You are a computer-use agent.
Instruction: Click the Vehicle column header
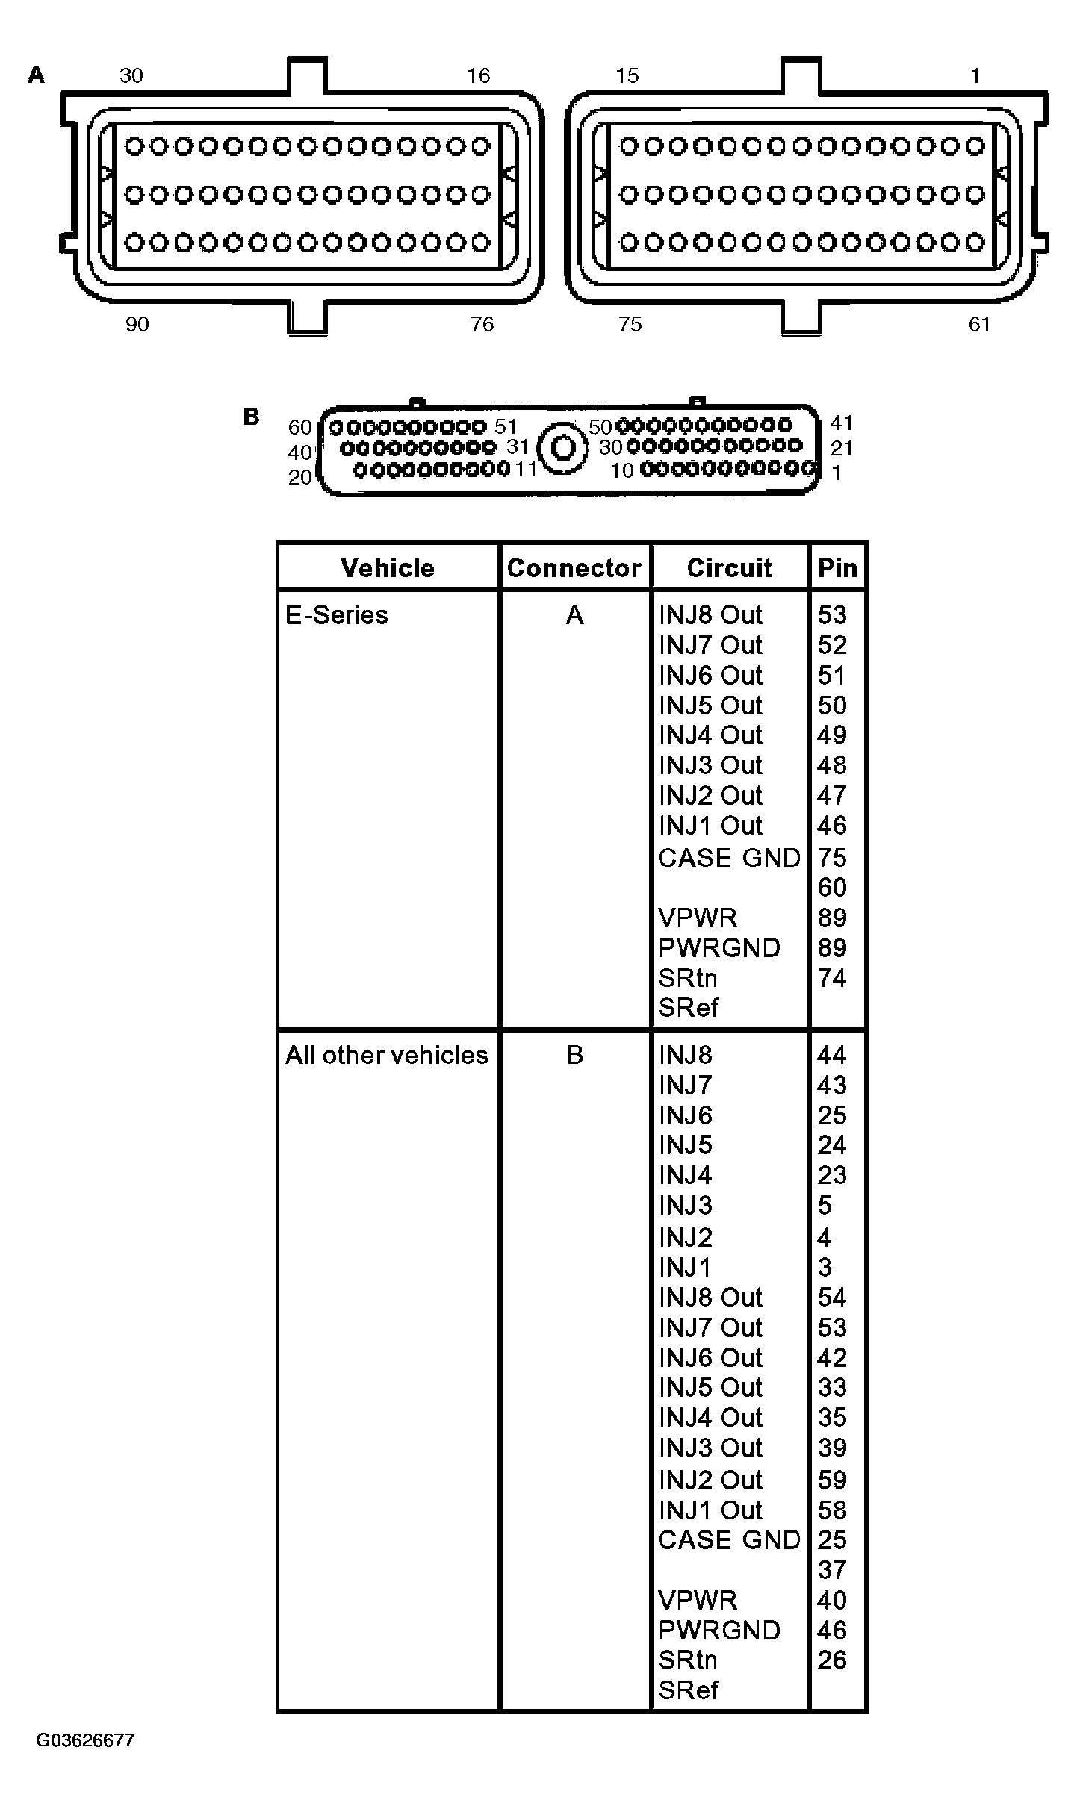[387, 568]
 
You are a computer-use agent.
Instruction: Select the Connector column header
[574, 568]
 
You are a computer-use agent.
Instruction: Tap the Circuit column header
[729, 568]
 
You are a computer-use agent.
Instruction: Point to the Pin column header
[837, 568]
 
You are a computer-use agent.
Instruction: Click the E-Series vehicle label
[337, 615]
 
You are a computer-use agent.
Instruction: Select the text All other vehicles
[386, 1055]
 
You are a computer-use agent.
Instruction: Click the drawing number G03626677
[85, 1740]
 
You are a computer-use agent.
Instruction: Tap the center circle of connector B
[562, 449]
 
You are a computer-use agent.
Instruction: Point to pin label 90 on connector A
[137, 324]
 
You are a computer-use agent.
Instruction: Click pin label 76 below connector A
[482, 324]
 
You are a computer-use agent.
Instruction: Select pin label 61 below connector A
[978, 324]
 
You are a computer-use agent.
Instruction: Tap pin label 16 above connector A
[478, 75]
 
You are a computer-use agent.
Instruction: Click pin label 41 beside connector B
[842, 423]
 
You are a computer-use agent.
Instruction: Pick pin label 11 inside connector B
[526, 469]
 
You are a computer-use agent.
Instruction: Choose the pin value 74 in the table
[832, 978]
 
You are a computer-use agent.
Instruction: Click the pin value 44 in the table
[832, 1055]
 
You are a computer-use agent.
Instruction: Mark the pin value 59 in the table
[832, 1480]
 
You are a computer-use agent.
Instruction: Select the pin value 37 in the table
[832, 1570]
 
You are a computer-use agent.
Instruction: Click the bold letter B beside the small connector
[252, 417]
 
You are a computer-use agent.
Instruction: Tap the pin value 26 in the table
[832, 1660]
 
